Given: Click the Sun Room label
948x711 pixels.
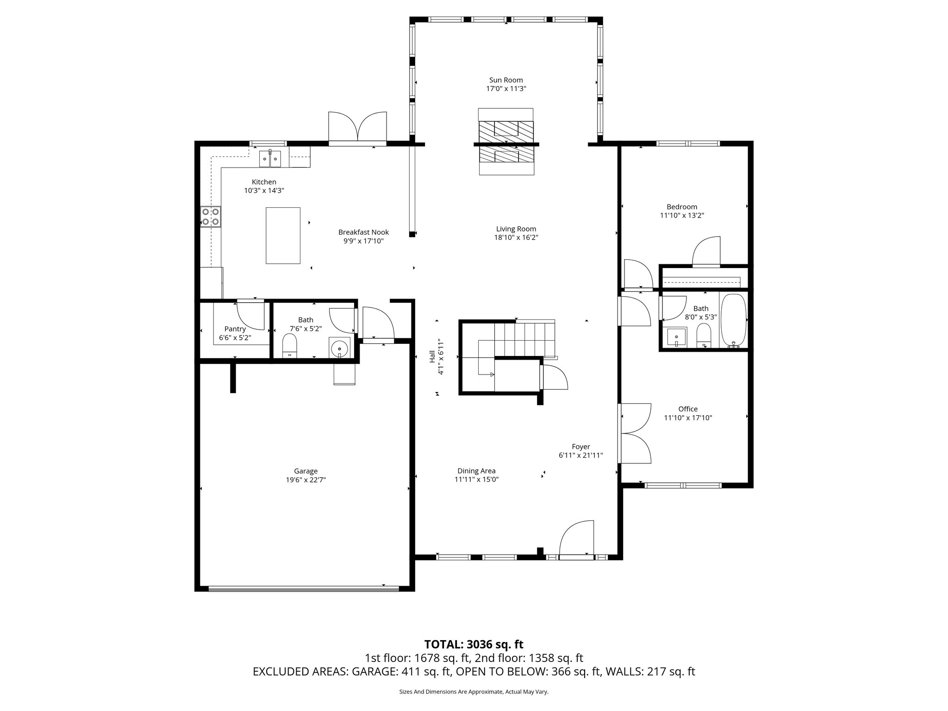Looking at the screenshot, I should point(506,80).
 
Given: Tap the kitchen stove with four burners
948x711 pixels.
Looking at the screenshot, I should point(210,217).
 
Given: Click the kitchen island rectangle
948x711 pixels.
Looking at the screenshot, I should point(283,236).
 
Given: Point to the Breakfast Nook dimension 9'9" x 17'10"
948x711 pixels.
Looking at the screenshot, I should point(363,241).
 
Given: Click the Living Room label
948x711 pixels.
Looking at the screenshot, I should point(516,229).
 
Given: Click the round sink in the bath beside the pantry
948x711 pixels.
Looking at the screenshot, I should point(340,348).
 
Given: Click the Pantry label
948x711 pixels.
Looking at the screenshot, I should point(235,329).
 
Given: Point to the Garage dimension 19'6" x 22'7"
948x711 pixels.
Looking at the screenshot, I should point(306,480).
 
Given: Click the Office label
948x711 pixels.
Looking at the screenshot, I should point(688,409).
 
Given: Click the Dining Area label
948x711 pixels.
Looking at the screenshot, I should point(476,471).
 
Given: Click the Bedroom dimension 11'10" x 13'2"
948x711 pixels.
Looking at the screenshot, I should point(682,215).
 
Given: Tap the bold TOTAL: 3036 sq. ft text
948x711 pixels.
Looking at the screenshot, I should point(474,644).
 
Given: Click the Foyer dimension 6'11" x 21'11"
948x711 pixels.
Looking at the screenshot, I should point(580,455).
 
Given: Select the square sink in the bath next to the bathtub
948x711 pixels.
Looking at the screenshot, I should point(676,337).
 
